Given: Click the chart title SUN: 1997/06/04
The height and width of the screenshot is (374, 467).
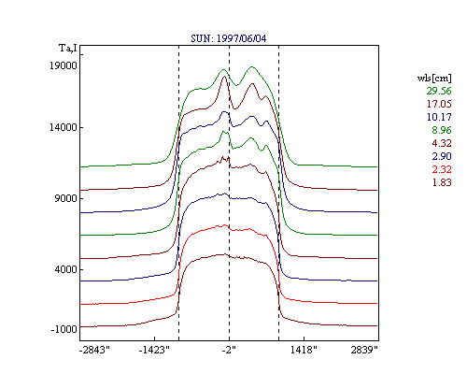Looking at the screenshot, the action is pos(229,38).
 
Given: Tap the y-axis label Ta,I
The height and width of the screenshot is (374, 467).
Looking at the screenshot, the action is pos(68,49).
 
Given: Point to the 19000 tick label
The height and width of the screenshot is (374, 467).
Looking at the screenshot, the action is pos(64,65).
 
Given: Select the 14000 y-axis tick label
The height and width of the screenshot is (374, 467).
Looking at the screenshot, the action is pos(64,127).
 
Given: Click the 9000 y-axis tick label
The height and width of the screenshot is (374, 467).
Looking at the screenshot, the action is pos(65,198).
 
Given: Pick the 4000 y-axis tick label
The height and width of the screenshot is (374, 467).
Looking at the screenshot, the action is pos(65,269).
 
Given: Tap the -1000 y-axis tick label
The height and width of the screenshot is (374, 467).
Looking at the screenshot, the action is pos(64,329).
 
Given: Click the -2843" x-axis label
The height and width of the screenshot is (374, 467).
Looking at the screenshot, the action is pos(94,350).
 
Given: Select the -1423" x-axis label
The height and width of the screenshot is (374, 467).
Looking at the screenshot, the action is pos(154,350).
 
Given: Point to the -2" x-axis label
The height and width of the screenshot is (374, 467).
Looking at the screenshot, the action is pos(229,350).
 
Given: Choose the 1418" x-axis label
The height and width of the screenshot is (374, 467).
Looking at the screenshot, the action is pos(304,350).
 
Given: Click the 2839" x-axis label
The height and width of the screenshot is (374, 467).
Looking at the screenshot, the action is pos(364,350).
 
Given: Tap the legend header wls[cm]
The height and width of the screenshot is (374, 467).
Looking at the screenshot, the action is pos(434,78).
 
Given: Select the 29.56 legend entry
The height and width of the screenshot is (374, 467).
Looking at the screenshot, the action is pos(439,91).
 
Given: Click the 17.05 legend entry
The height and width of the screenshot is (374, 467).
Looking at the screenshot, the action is pos(439,104).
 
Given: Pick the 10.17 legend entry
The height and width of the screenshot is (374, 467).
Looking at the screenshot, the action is pos(439,117).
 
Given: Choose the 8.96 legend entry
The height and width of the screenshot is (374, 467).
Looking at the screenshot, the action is pos(442,130).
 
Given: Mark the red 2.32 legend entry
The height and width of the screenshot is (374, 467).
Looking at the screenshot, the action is pos(442,169).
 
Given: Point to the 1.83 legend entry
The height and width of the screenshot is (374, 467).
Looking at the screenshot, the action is pos(442,182).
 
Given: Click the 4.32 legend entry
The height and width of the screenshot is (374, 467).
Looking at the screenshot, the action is pos(442,143).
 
